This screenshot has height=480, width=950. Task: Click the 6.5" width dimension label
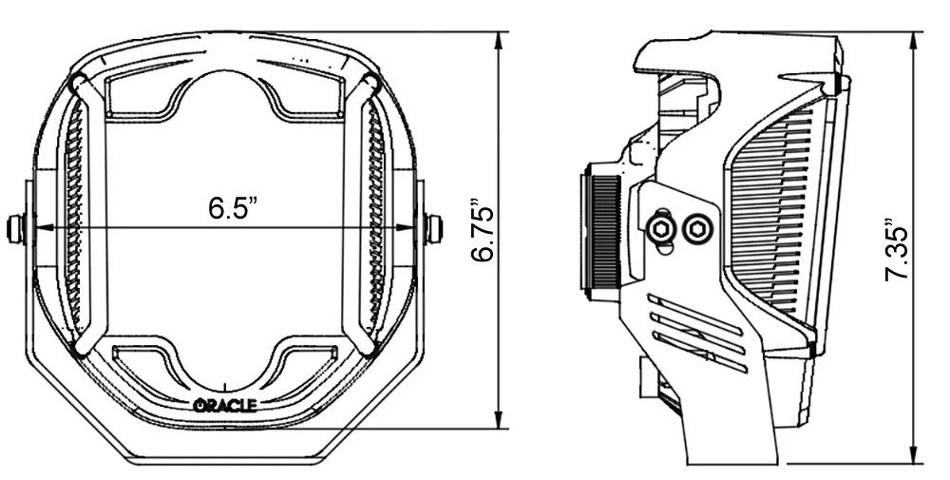234,208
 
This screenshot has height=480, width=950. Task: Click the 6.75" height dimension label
484,230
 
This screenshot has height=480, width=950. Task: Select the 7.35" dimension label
898,248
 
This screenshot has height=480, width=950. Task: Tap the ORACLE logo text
225,405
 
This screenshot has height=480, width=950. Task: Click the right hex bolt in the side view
696,228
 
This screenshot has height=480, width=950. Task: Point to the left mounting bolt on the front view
15,229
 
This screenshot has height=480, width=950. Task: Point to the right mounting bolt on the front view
434,228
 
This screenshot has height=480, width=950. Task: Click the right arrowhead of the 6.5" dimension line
406,228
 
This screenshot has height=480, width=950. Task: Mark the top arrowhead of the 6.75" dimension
498,41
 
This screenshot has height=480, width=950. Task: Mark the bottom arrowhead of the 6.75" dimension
498,420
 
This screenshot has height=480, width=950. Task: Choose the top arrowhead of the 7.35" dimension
913,41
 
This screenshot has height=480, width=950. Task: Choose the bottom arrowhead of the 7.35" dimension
913,456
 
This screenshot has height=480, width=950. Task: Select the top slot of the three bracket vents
695,314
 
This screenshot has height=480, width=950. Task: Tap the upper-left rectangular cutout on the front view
137,94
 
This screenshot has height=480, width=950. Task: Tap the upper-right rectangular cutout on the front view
309,94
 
